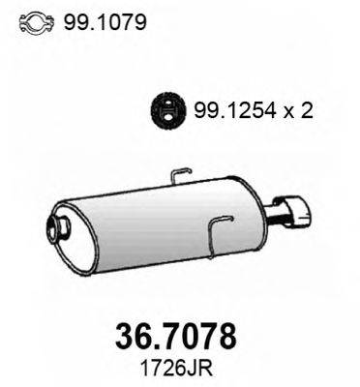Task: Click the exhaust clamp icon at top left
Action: pyautogui.click(x=36, y=22)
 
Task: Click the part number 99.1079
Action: pyautogui.click(x=105, y=22)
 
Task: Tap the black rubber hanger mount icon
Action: pyautogui.click(x=168, y=110)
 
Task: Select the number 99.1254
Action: pyautogui.click(x=234, y=111)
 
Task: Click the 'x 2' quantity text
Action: pyautogui.click(x=298, y=111)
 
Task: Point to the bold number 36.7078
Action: pyautogui.click(x=176, y=337)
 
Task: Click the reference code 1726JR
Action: pyautogui.click(x=177, y=369)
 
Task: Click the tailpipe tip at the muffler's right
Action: pyautogui.click(x=294, y=209)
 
